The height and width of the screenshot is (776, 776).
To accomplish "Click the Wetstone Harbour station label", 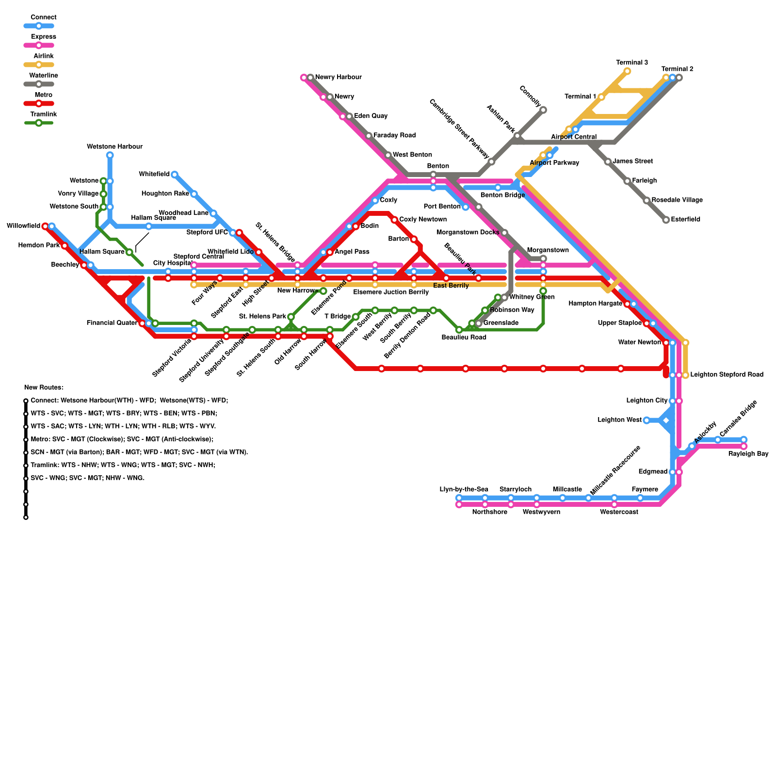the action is [115, 146].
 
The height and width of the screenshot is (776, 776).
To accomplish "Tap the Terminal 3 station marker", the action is [627, 71].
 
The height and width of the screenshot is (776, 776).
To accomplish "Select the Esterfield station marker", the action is [666, 220].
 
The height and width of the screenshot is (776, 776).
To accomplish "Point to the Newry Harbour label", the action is [339, 77].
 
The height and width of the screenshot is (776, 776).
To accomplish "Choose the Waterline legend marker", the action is [39, 84].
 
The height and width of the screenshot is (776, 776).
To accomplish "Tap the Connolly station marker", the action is [543, 110].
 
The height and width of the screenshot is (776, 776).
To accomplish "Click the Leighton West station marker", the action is [647, 420].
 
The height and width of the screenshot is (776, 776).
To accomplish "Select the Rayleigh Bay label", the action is [748, 454].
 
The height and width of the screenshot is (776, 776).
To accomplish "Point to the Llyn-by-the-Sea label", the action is [464, 489].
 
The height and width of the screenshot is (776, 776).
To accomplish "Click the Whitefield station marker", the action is [175, 175].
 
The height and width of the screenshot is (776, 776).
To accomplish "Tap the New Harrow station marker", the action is [323, 291].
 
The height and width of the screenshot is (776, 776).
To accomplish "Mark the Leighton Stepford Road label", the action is [727, 374].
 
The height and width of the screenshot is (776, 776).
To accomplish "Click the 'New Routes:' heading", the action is [44, 388].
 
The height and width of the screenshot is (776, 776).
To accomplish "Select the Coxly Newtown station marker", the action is [394, 220].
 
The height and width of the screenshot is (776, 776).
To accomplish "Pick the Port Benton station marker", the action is [466, 207].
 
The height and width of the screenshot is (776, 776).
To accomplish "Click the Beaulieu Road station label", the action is [464, 338].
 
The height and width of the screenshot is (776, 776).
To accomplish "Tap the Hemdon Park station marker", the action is [65, 246].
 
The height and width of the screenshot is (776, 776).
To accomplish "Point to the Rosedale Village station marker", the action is [647, 200].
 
